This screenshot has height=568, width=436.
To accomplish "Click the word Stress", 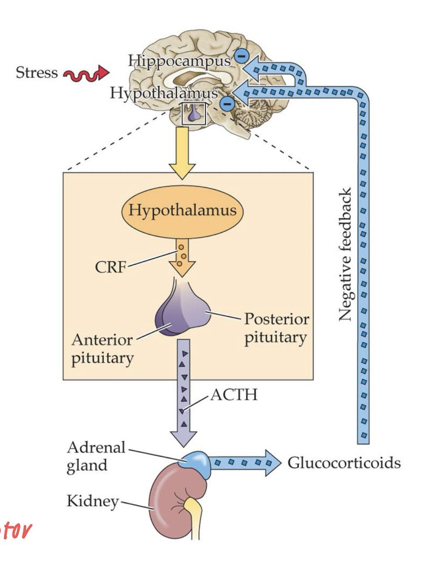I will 37,73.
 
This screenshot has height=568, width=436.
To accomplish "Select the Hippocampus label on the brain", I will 179,60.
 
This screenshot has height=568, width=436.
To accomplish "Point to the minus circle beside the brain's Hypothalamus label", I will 227,104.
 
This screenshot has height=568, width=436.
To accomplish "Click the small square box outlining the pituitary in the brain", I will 194,114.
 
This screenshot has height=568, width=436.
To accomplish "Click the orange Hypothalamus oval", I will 182,210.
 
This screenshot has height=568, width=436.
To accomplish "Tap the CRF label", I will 110,267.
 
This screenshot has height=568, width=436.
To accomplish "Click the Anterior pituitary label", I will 102,349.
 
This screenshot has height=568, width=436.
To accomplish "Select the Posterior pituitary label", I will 276,328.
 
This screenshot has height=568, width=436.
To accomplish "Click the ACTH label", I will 234,395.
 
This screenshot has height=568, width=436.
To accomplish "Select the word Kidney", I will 92,501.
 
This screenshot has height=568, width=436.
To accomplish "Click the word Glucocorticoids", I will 343,462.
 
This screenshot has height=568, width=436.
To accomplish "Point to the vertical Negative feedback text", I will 345,254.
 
